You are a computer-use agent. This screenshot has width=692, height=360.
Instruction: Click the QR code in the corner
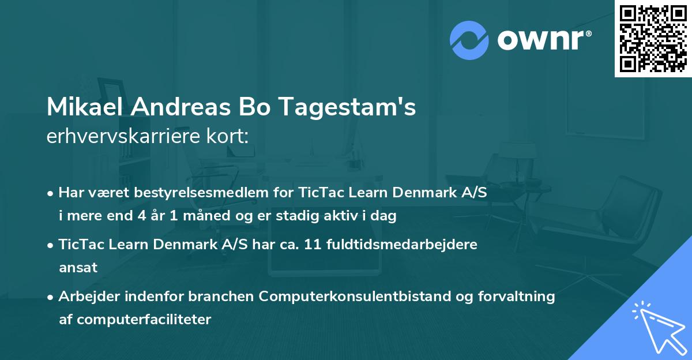653,39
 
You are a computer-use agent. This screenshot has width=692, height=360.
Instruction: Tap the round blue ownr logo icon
469,40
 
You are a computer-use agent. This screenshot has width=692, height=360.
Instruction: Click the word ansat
78,267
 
